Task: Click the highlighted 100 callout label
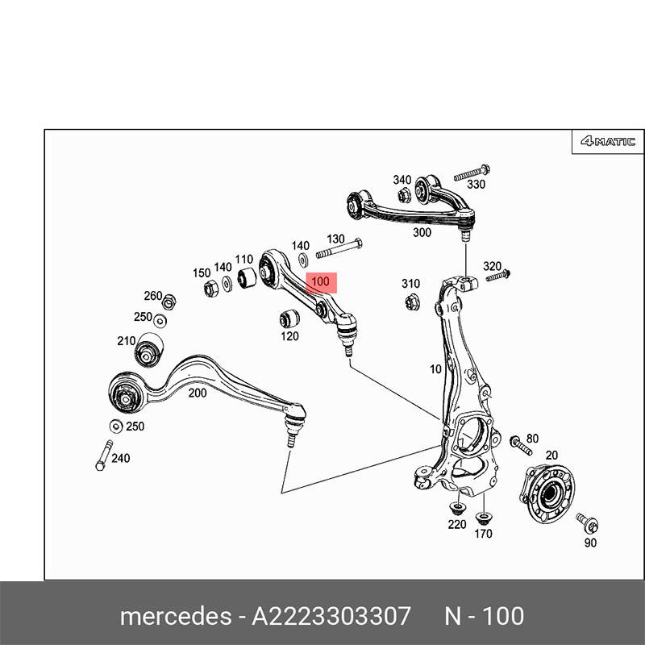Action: [x=321, y=282]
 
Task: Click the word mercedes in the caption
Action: [x=174, y=616]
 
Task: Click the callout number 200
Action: [x=197, y=393]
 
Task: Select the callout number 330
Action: [x=477, y=185]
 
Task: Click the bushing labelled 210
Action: [x=148, y=350]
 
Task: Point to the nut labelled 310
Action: [x=410, y=302]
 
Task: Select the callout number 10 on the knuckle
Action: [x=435, y=369]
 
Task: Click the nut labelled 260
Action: [x=169, y=303]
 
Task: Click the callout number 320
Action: [x=492, y=266]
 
